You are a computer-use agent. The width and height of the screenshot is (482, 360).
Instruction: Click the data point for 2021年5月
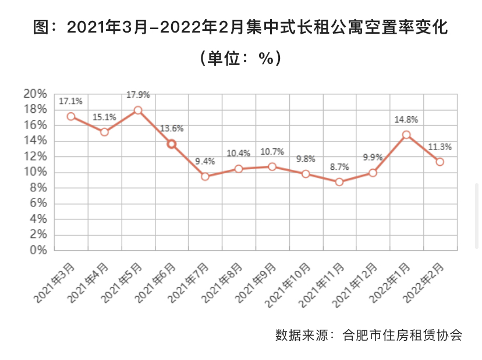click(138, 110)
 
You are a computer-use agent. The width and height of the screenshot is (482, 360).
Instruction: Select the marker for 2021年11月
click(339, 182)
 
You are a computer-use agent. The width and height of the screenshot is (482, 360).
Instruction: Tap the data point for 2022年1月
click(406, 134)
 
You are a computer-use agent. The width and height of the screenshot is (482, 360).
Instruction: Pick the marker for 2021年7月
click(205, 176)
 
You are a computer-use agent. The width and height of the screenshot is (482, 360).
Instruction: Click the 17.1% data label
click(71, 101)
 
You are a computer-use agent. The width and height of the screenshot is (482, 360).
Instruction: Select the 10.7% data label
click(272, 152)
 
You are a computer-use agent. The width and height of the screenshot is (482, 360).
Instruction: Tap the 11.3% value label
click(440, 147)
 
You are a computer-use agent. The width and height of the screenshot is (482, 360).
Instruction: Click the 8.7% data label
click(339, 167)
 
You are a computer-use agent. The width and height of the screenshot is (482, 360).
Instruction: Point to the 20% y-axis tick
click(34, 94)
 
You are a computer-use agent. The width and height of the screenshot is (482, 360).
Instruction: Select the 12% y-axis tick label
click(34, 156)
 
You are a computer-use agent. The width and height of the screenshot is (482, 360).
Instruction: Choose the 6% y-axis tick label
click(37, 204)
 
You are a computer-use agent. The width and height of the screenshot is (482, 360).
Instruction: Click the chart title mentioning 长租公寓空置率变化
click(240, 27)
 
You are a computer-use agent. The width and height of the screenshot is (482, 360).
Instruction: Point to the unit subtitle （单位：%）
click(240, 58)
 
